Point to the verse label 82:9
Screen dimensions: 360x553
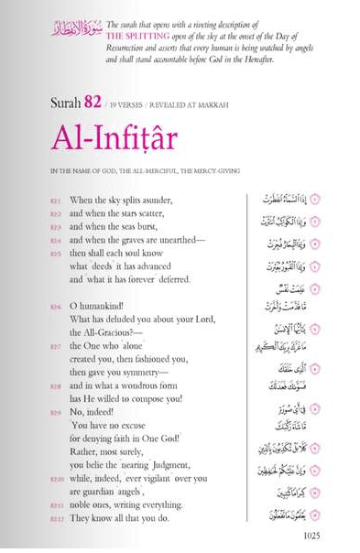56,412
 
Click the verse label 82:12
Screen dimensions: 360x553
56,519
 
